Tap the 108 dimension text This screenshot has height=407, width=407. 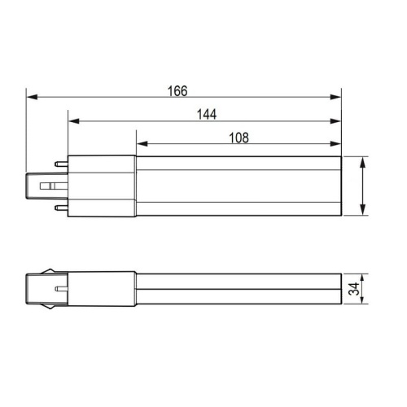click(x=237, y=138)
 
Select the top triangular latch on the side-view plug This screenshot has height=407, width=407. click(x=54, y=270)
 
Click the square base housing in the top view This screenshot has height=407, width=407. click(x=101, y=186)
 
